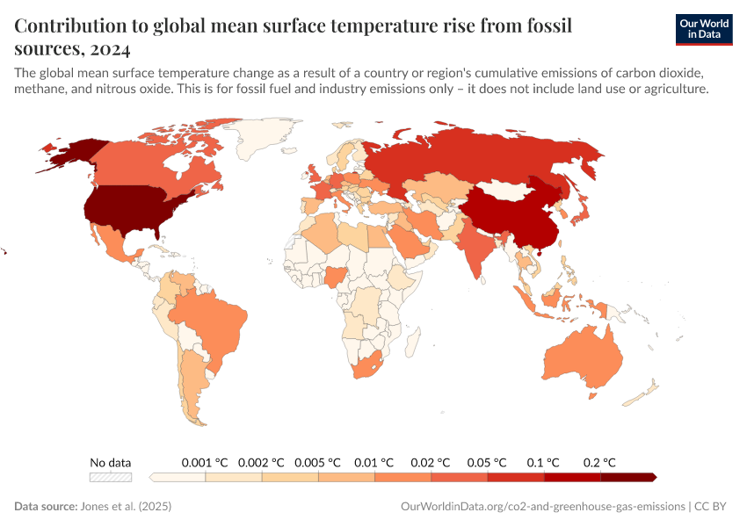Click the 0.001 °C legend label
pyautogui.click(x=205, y=462)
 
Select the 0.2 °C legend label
pyautogui.click(x=600, y=462)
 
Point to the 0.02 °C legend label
pyautogui.click(x=432, y=462)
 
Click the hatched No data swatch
pyautogui.click(x=111, y=477)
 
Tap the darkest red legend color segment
pyautogui.click(x=627, y=477)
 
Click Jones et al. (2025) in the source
pyautogui.click(x=124, y=507)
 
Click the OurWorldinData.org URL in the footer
pyautogui.click(x=542, y=507)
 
